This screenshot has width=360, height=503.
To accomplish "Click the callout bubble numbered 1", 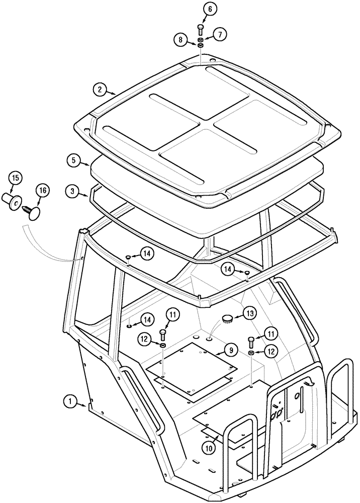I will [71, 401].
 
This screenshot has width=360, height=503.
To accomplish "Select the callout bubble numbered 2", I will [100, 90].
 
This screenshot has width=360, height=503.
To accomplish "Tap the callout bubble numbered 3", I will [73, 191].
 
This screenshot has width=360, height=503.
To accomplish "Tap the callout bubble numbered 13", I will [249, 313].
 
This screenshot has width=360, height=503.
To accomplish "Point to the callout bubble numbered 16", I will [42, 191].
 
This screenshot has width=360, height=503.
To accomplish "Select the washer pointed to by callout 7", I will [201, 39].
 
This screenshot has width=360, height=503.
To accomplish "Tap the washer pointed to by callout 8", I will [200, 46].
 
